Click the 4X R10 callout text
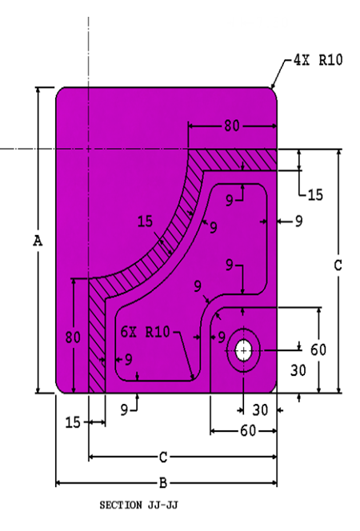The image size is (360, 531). click(x=318, y=60)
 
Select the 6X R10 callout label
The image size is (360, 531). click(x=145, y=332)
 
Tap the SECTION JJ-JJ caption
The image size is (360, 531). click(x=138, y=505)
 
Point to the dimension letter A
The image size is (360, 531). click(x=38, y=242)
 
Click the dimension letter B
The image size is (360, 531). click(x=163, y=483)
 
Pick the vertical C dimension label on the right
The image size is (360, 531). click(x=338, y=265)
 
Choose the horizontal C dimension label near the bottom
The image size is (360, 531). click(x=163, y=457)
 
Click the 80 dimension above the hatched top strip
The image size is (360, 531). click(x=232, y=126)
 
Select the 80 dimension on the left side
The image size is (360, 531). click(x=73, y=337)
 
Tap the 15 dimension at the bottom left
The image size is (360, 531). click(x=73, y=422)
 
